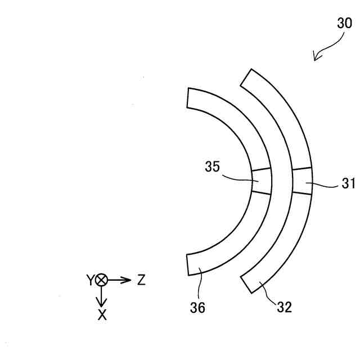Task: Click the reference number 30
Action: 344,23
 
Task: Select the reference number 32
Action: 284,307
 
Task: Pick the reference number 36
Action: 197,307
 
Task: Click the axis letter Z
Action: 141,280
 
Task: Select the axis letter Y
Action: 89,280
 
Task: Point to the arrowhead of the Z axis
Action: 128,280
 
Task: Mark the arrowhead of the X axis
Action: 102,304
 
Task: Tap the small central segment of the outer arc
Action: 302,181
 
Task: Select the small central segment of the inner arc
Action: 261,181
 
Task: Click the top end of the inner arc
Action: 189,97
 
